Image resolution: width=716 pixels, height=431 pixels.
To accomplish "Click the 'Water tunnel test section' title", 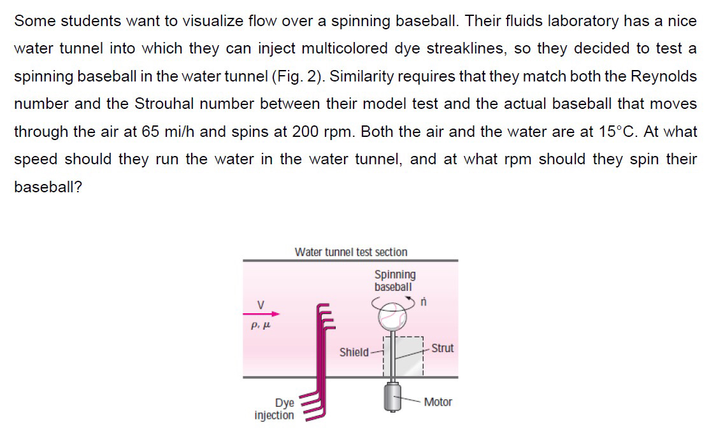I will tap(351, 252).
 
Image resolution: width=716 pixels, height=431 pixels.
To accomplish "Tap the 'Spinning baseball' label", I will tap(395, 281).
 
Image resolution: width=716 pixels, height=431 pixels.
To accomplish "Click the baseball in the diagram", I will tap(393, 314).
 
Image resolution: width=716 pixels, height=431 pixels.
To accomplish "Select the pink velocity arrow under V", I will tap(262, 313).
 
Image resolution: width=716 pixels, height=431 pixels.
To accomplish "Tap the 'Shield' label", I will tap(354, 352).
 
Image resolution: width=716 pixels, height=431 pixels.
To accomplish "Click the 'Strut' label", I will tap(443, 348).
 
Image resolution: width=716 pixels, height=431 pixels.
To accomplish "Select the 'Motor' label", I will tap(438, 402).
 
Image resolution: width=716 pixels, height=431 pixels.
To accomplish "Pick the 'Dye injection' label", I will tap(275, 409).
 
